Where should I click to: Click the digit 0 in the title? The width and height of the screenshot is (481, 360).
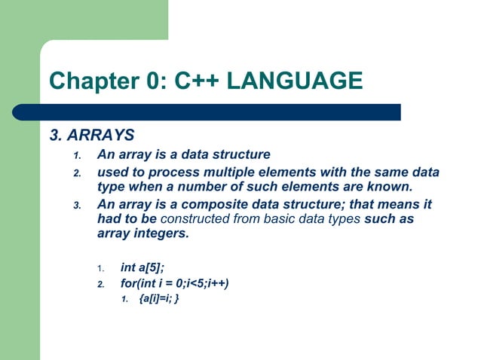point(152,79)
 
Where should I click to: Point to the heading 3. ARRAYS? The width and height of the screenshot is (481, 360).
point(92,136)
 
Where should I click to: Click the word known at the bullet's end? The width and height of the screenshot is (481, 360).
point(391,186)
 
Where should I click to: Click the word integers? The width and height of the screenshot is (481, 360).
point(161,233)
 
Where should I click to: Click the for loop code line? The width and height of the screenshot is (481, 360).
point(174,283)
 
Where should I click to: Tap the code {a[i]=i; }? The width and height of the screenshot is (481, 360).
point(158,299)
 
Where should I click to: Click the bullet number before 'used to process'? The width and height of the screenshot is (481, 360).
point(76,173)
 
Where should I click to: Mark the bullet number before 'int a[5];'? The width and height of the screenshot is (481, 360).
point(102,268)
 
